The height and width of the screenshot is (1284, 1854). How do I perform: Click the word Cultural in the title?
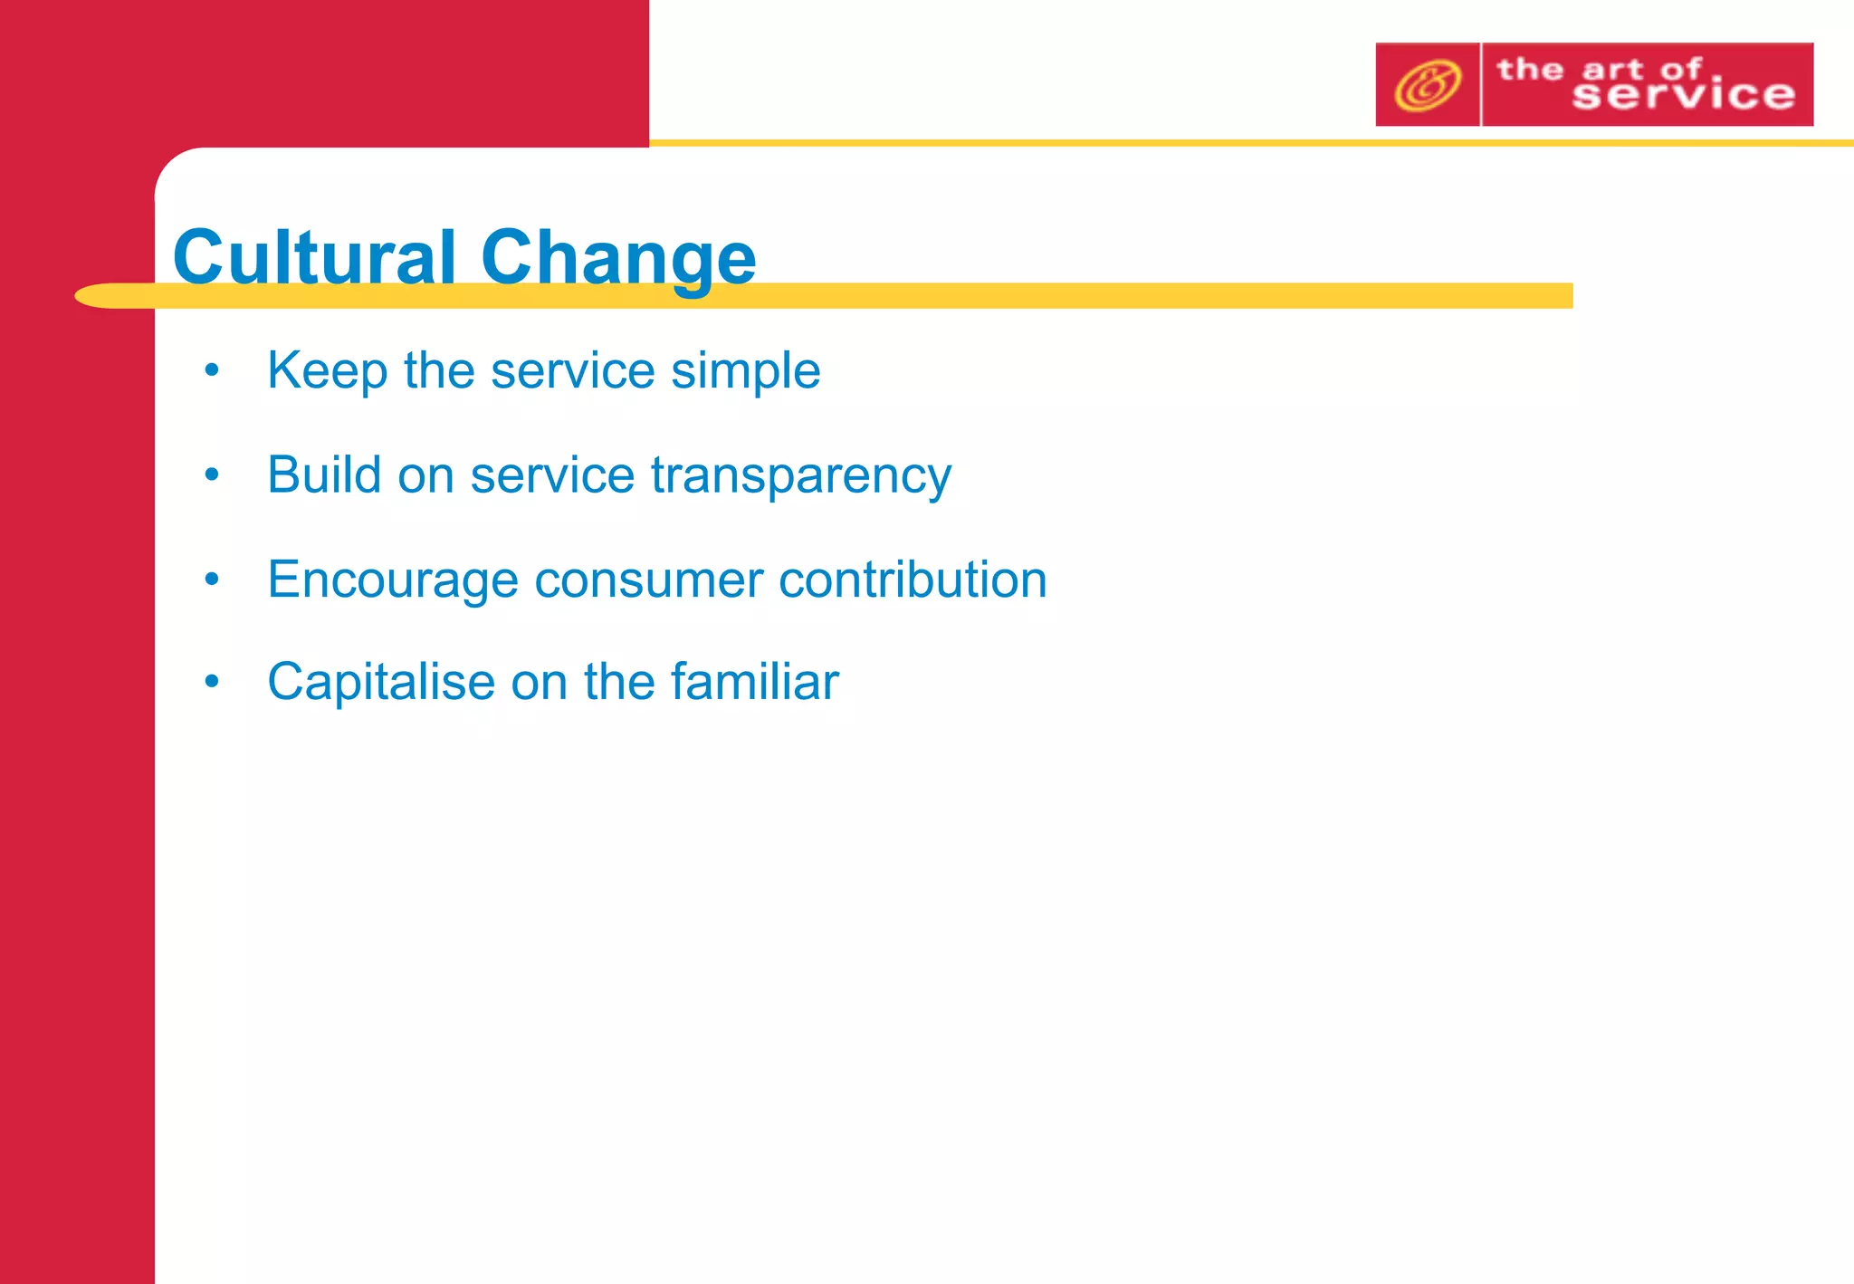tap(313, 256)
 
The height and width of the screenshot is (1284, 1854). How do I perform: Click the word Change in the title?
tap(618, 258)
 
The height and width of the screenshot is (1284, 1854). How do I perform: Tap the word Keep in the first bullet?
tap(327, 370)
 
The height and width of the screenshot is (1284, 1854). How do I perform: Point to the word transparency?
tap(800, 477)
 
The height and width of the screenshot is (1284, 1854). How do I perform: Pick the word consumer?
tap(648, 581)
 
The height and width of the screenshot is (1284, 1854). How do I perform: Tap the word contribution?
tap(913, 580)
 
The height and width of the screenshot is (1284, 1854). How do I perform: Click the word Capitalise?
tap(380, 683)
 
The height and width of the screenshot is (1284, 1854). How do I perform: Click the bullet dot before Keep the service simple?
tap(212, 369)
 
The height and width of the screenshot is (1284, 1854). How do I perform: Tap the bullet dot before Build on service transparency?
tap(212, 474)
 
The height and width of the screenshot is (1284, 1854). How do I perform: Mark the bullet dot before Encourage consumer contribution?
tap(212, 579)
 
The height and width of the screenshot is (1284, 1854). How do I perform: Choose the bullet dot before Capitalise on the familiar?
tap(212, 681)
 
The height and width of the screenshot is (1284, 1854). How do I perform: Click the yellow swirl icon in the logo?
tap(1427, 85)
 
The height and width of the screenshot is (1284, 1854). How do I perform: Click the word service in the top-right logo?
tap(1683, 95)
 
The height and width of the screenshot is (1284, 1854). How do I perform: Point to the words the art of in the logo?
tap(1599, 69)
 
